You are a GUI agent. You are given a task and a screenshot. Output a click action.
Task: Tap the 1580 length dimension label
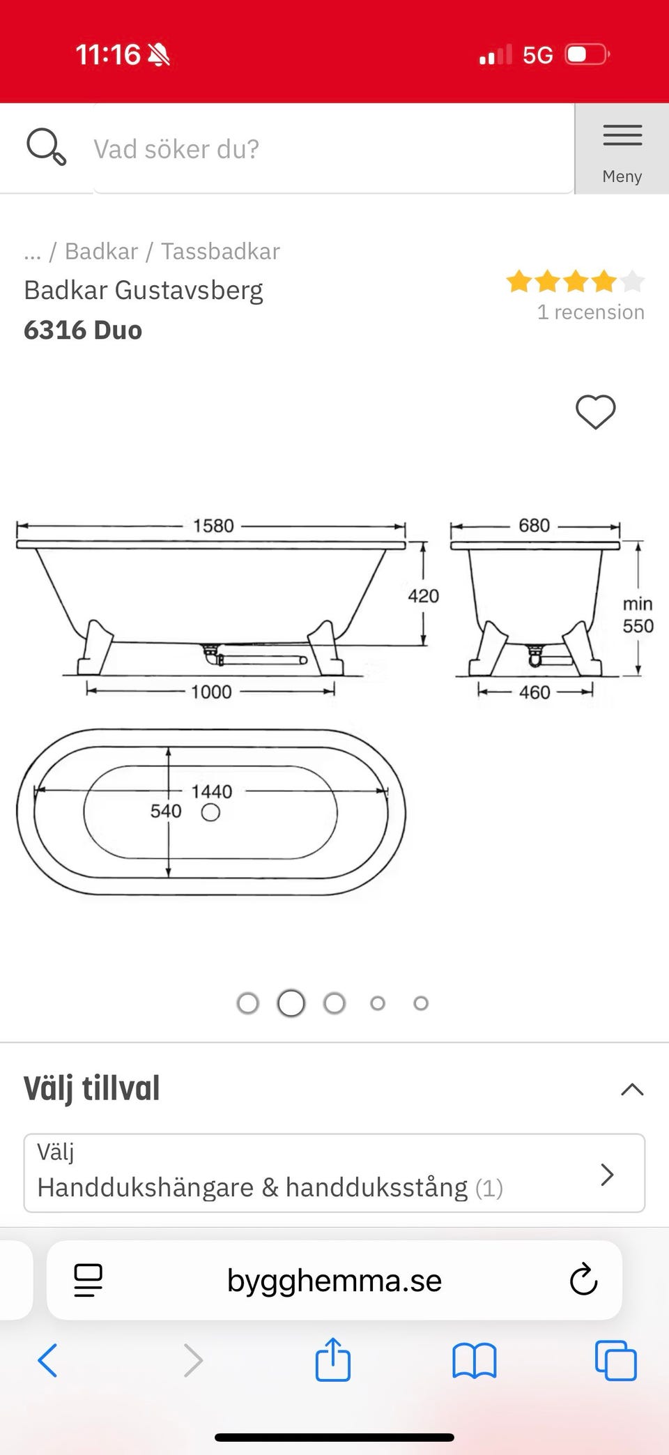[213, 526]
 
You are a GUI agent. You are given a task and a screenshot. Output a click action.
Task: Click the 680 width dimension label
[534, 525]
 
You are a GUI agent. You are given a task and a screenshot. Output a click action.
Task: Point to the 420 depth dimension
[424, 596]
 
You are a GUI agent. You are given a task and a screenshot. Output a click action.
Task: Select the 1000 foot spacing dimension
[211, 692]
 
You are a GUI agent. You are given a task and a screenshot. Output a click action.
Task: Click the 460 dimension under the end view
[535, 692]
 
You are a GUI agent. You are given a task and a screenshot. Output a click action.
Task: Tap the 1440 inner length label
[211, 791]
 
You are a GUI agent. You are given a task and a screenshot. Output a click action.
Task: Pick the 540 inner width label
[166, 811]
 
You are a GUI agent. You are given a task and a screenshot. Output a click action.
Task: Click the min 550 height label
[638, 615]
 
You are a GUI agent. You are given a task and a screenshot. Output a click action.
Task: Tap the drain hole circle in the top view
[210, 812]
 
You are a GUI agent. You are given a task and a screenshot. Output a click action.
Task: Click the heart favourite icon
[596, 411]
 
